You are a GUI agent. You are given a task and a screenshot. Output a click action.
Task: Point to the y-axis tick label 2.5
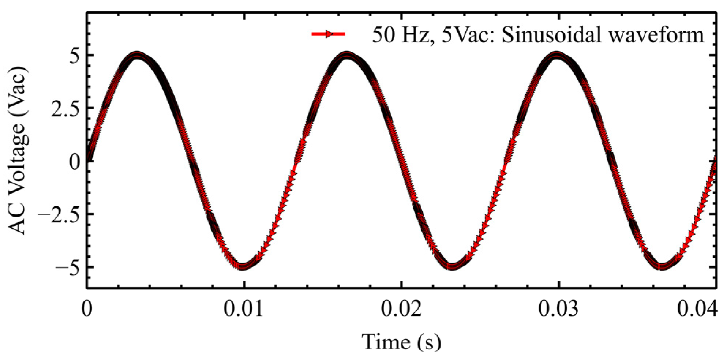65,109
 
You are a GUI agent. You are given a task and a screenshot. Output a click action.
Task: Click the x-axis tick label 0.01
243,310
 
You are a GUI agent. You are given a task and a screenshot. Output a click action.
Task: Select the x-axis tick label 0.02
401,310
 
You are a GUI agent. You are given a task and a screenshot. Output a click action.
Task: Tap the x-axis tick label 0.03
558,310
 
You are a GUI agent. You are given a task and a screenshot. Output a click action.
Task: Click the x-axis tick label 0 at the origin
87,310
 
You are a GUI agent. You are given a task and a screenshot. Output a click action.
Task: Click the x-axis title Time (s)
401,342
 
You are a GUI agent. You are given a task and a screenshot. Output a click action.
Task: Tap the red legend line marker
328,34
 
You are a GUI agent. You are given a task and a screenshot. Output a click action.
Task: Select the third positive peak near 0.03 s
557,55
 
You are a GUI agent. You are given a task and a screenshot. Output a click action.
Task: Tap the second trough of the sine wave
452,267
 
